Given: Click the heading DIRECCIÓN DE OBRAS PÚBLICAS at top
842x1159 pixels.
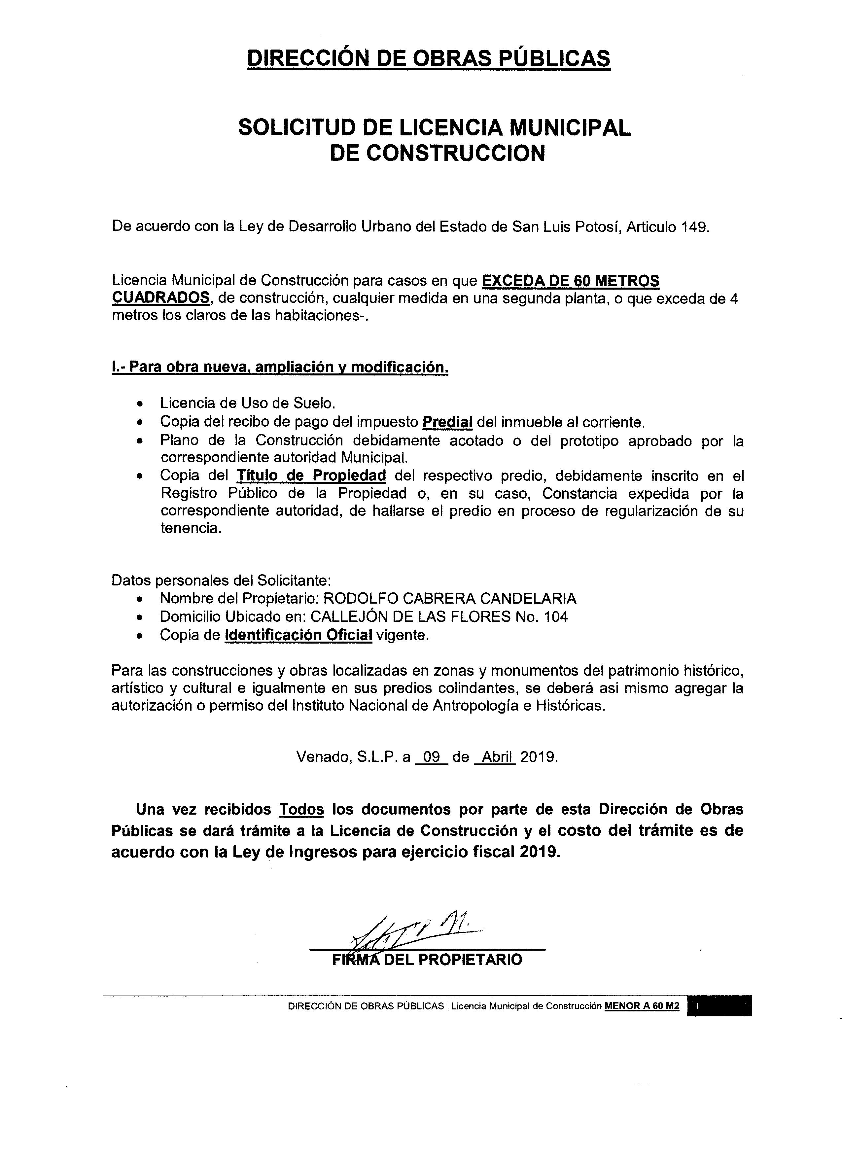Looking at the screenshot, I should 428,58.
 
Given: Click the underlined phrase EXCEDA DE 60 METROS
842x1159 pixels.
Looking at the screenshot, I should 571,281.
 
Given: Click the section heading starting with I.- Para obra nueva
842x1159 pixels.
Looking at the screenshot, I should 280,367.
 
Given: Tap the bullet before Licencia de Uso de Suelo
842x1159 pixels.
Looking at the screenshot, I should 141,404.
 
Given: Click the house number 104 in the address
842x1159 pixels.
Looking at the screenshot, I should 555,617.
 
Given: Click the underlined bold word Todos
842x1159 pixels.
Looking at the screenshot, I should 301,809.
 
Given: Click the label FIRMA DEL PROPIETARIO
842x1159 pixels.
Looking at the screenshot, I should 427,960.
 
